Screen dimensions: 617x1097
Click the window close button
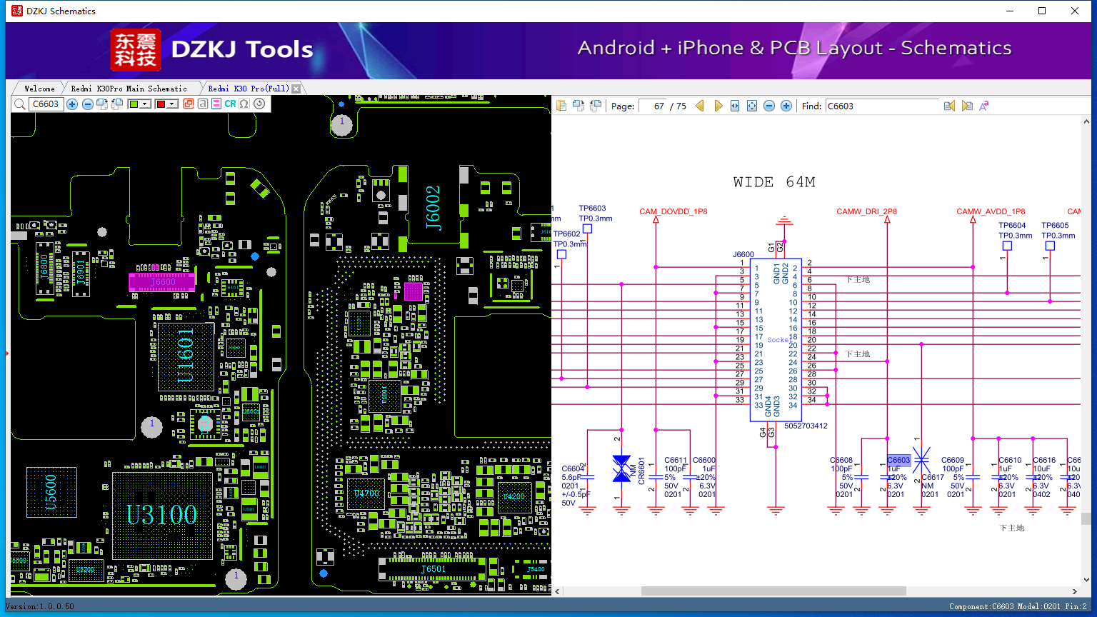1074,11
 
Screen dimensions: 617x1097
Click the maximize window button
1042,11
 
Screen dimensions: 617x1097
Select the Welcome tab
39,89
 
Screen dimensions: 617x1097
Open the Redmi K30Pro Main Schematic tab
129,89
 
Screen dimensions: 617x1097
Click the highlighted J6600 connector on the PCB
162,282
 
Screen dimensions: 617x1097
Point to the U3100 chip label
161,514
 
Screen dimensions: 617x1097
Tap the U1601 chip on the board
185,356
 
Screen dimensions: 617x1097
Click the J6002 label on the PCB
434,208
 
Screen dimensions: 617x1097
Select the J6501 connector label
433,569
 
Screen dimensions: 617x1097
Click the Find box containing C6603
882,106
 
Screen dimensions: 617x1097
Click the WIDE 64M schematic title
774,182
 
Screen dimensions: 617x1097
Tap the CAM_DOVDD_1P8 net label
673,211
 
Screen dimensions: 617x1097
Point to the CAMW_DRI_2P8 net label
866,211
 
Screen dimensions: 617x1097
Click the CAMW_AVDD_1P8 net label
991,211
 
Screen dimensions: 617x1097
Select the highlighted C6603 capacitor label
898,460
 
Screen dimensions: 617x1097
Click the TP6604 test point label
1012,226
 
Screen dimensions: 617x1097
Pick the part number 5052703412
806,426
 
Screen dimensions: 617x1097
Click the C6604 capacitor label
573,469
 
